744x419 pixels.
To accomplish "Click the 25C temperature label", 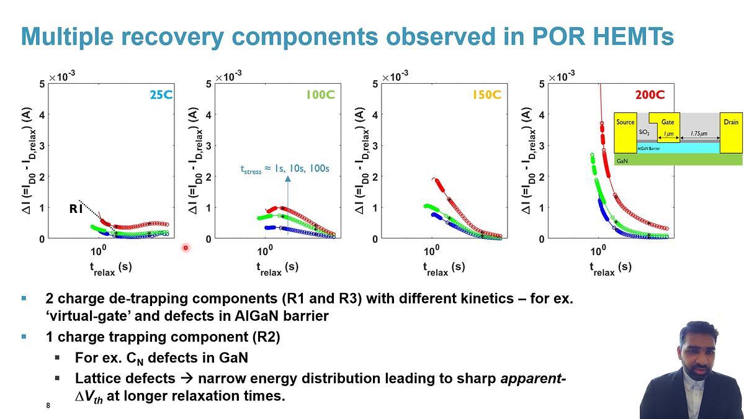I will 161,95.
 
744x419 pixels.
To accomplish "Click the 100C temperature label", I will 320,95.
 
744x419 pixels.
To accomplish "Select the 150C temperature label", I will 486,95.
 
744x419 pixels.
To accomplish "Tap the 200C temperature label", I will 650,95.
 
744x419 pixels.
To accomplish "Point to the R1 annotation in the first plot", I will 76,209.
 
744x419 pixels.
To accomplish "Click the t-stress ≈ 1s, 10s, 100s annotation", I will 285,168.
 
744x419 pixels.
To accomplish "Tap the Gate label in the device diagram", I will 667,122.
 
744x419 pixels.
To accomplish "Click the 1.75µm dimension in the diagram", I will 700,133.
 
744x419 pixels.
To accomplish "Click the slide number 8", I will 48,405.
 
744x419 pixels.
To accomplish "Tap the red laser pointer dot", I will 185,248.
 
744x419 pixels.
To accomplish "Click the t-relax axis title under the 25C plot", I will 110,268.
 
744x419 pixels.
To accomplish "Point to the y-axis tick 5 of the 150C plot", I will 375,84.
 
